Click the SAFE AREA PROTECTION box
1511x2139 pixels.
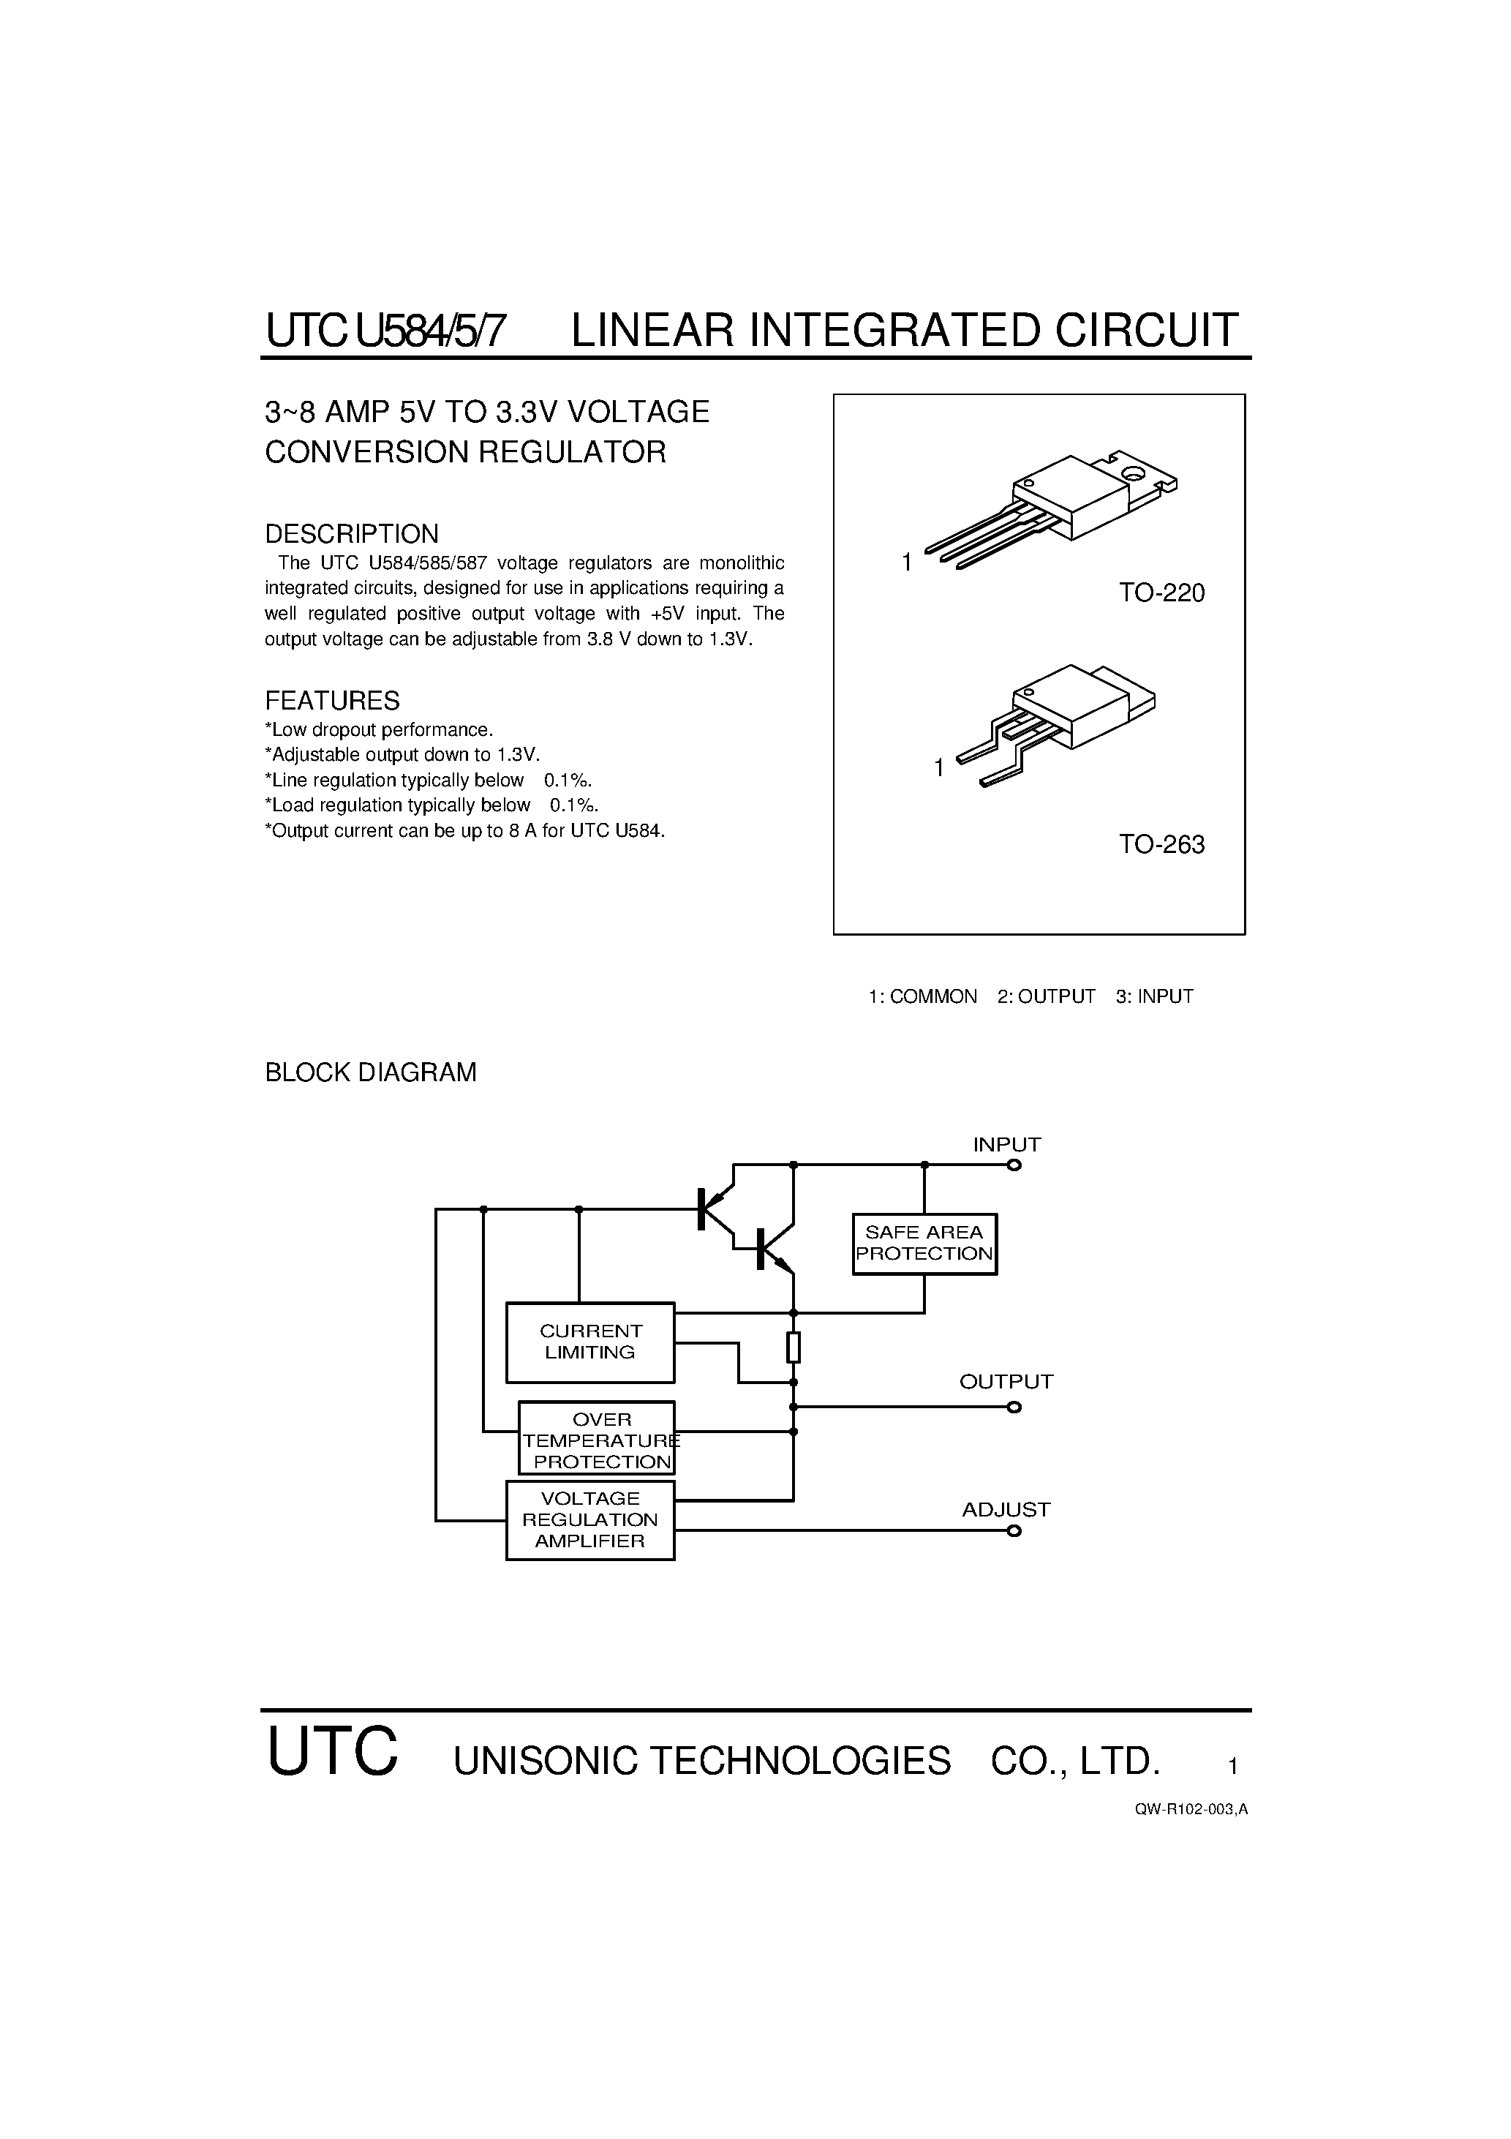[x=924, y=1244]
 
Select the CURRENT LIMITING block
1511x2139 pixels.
[x=589, y=1342]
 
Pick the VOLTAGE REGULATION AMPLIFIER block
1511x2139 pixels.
[x=589, y=1519]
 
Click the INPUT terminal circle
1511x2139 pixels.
[x=1014, y=1165]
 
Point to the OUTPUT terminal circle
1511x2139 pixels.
[x=1014, y=1407]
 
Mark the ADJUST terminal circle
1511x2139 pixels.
[x=1014, y=1530]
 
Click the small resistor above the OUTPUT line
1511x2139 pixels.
[x=794, y=1347]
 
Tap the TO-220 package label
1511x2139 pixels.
[x=1161, y=593]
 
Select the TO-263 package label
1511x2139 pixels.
[x=1161, y=845]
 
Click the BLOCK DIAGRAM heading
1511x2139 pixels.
[x=371, y=1073]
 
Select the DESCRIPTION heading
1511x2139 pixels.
[x=351, y=535]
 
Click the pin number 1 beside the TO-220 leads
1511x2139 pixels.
[x=906, y=563]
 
